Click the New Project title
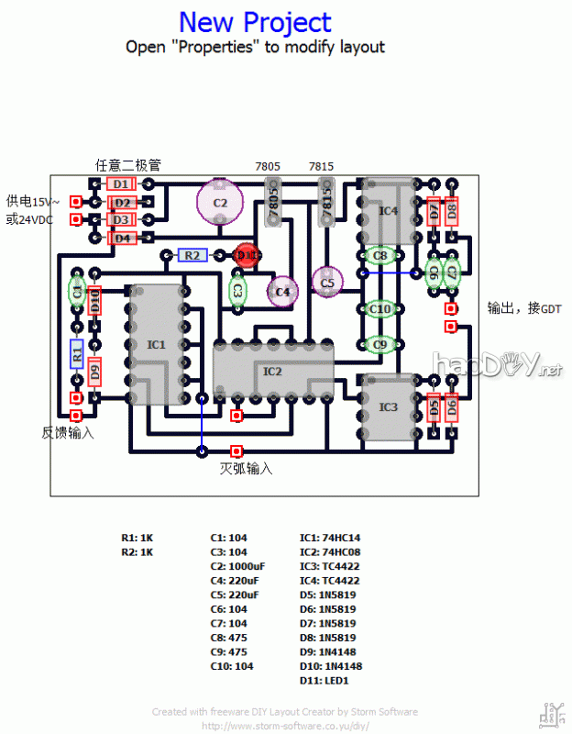pyautogui.click(x=255, y=22)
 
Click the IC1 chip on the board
pyautogui.click(x=157, y=344)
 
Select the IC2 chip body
pyautogui.click(x=272, y=370)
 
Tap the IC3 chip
pyautogui.click(x=388, y=406)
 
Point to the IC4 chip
pyautogui.click(x=389, y=211)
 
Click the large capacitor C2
pyautogui.click(x=220, y=202)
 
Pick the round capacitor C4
pyautogui.click(x=282, y=291)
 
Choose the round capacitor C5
pyautogui.click(x=327, y=284)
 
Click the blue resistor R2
pyautogui.click(x=192, y=255)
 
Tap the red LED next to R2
pyautogui.click(x=245, y=255)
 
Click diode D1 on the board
pyautogui.click(x=122, y=184)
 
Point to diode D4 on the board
pyautogui.click(x=122, y=238)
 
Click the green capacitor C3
pyautogui.click(x=237, y=290)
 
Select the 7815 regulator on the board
pyautogui.click(x=325, y=203)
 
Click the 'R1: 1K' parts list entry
pyautogui.click(x=137, y=538)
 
